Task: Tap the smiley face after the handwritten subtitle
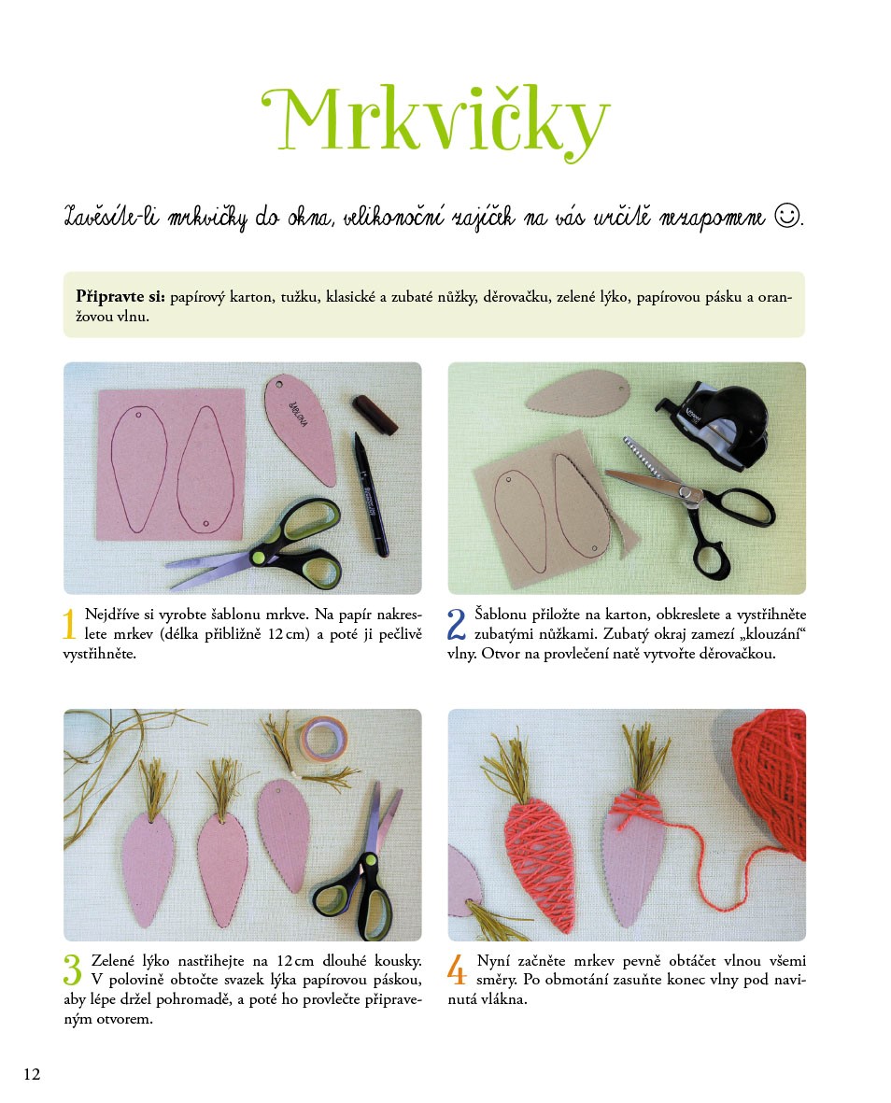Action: click(x=787, y=215)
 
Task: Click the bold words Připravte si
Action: click(x=120, y=297)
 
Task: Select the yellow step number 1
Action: click(x=69, y=624)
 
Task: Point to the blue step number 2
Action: click(x=457, y=624)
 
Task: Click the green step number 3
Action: click(x=72, y=970)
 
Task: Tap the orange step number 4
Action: click(x=457, y=970)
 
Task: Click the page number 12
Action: click(x=32, y=1074)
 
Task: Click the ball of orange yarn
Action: click(x=771, y=781)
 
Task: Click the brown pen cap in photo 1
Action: click(x=375, y=414)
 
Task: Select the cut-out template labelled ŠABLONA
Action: click(x=300, y=429)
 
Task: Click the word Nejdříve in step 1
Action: click(x=111, y=615)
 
